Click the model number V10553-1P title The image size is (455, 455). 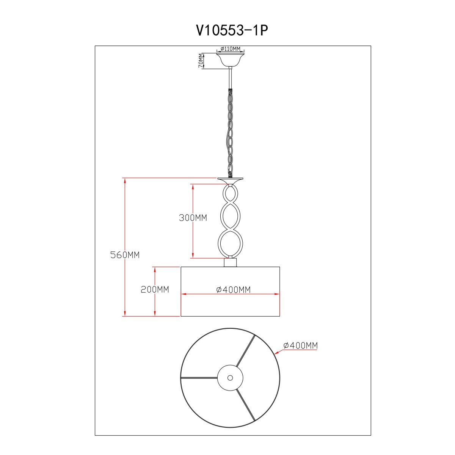232,31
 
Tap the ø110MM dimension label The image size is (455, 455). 230,49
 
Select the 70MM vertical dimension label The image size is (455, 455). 201,61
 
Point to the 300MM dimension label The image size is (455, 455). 193,218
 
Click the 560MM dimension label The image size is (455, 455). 125,255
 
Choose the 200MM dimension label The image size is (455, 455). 155,289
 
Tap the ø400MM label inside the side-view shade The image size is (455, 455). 233,289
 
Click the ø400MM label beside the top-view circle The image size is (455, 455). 300,345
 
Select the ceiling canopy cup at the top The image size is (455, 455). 230,60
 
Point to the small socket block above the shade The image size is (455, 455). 230,262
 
